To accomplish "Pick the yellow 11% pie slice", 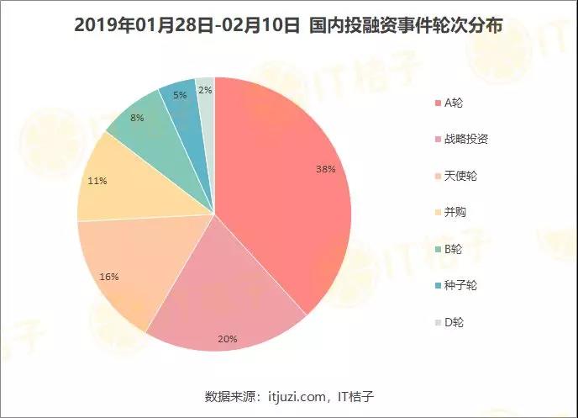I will pyautogui.click(x=126, y=185).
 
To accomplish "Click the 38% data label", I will pyautogui.click(x=326, y=169).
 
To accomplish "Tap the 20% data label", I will pyautogui.click(x=227, y=339).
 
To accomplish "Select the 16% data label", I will pyautogui.click(x=109, y=276).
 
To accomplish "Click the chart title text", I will pyautogui.click(x=288, y=26).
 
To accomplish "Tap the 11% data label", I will pyautogui.click(x=97, y=179).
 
